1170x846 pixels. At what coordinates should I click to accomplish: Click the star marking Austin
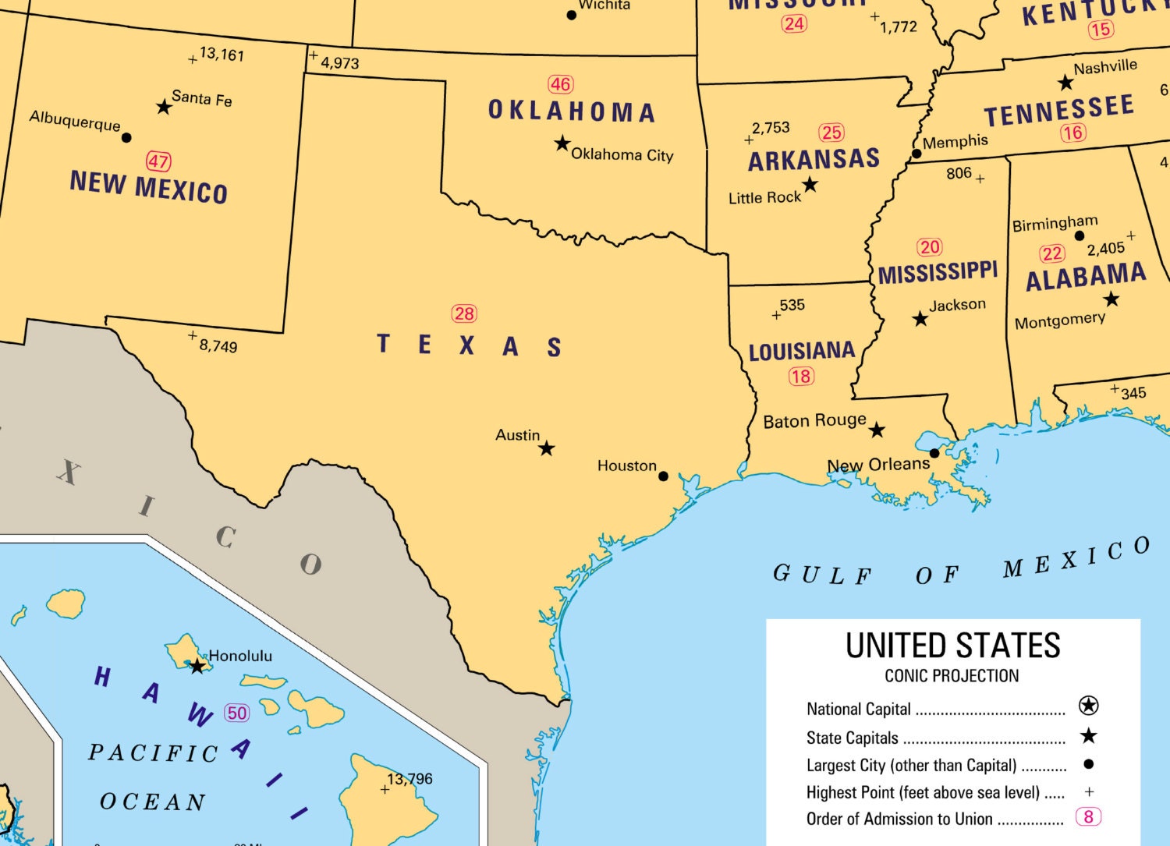click(x=547, y=448)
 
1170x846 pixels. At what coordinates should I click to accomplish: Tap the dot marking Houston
click(x=663, y=476)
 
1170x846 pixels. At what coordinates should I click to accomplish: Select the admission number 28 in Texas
click(x=464, y=313)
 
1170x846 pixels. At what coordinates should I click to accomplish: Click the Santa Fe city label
click(x=201, y=98)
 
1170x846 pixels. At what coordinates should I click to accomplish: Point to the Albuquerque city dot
click(x=126, y=138)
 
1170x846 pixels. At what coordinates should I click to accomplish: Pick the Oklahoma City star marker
click(x=562, y=143)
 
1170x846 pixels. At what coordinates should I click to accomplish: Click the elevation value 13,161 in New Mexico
click(x=222, y=54)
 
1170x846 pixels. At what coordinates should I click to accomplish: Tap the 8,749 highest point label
click(x=218, y=345)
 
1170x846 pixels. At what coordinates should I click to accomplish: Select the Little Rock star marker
click(x=810, y=185)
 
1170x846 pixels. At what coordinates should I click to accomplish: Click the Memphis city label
click(x=955, y=142)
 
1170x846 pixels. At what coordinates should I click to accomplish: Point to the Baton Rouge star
click(x=877, y=430)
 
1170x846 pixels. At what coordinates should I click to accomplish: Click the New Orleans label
click(x=878, y=465)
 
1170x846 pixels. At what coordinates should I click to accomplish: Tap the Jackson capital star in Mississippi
click(x=920, y=319)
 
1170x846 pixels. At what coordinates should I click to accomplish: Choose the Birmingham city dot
click(x=1080, y=235)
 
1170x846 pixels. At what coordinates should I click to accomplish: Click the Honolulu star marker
click(x=197, y=667)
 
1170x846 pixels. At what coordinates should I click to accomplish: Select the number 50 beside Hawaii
click(x=237, y=713)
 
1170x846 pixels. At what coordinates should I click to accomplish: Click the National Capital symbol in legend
click(x=1088, y=706)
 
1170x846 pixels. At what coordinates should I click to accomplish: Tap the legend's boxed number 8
click(x=1088, y=817)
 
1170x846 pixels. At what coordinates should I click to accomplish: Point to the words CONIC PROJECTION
click(x=952, y=676)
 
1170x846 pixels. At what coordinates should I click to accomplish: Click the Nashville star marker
click(x=1065, y=83)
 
